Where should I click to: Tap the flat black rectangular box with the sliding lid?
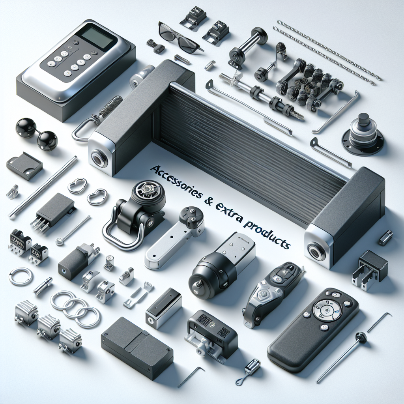[x=137, y=347]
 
